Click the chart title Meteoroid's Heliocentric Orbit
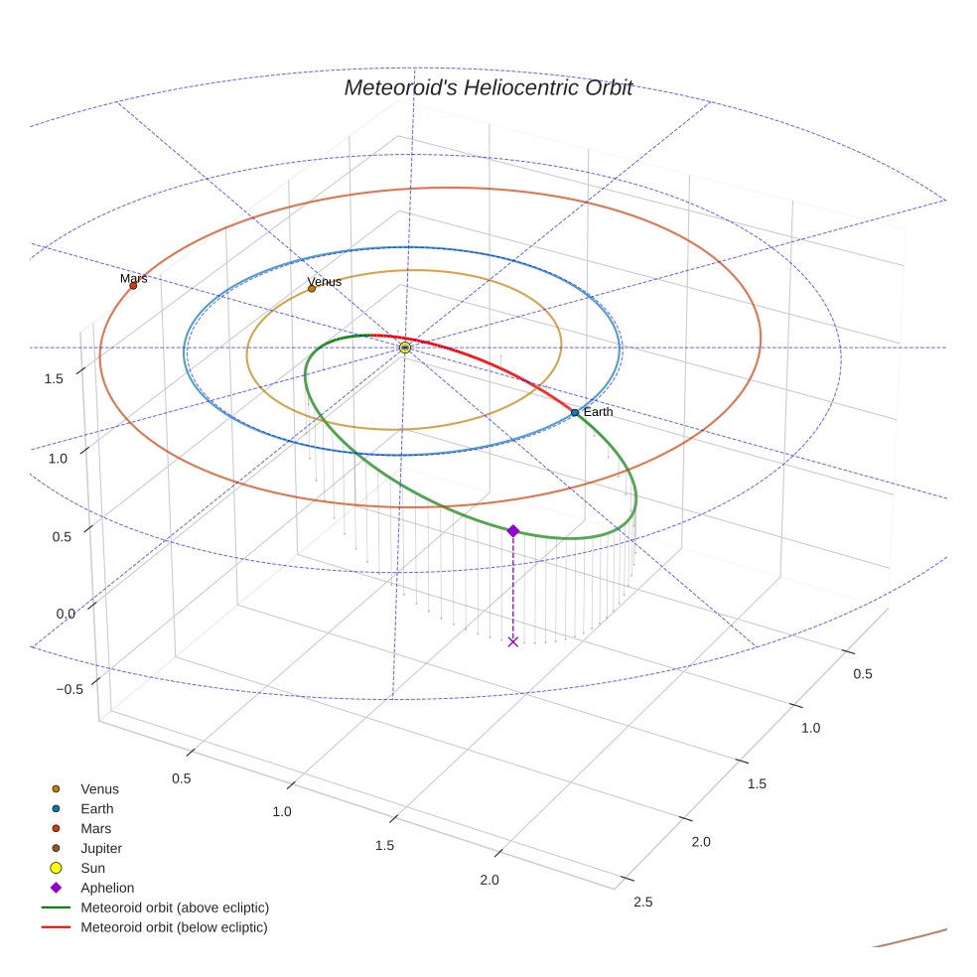(x=488, y=88)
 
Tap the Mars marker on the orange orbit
(x=133, y=286)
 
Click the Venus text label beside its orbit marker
(x=325, y=282)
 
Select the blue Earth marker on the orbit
(x=575, y=412)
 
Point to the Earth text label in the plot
(x=598, y=412)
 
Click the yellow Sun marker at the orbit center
(x=405, y=348)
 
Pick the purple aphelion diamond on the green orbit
(x=513, y=531)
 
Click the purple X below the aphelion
(x=513, y=641)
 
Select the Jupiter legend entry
(x=101, y=849)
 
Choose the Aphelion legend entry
(x=107, y=889)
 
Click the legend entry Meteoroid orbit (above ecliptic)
(x=175, y=907)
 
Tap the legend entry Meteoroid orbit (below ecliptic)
(x=174, y=927)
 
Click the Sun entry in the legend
(x=92, y=869)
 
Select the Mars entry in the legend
(x=95, y=829)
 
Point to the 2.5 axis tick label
(x=642, y=902)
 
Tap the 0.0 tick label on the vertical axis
(x=66, y=614)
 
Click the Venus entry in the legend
(x=99, y=789)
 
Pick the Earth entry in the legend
(x=96, y=809)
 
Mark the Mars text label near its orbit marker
(x=133, y=278)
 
